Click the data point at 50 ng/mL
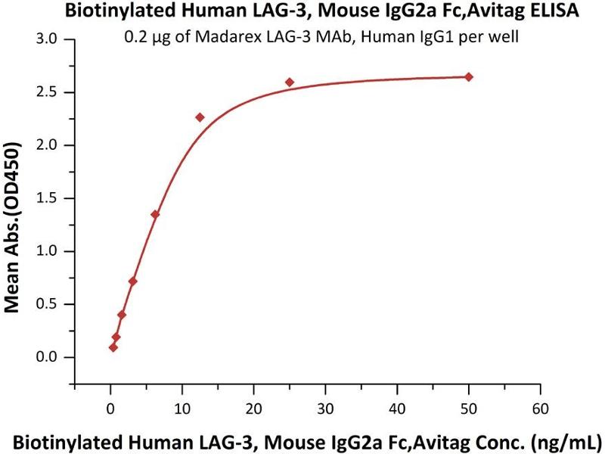click(469, 77)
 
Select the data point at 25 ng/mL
click(290, 82)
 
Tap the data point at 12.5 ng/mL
click(200, 117)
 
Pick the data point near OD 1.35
click(155, 214)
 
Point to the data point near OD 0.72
click(133, 281)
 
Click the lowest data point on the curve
click(113, 347)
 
